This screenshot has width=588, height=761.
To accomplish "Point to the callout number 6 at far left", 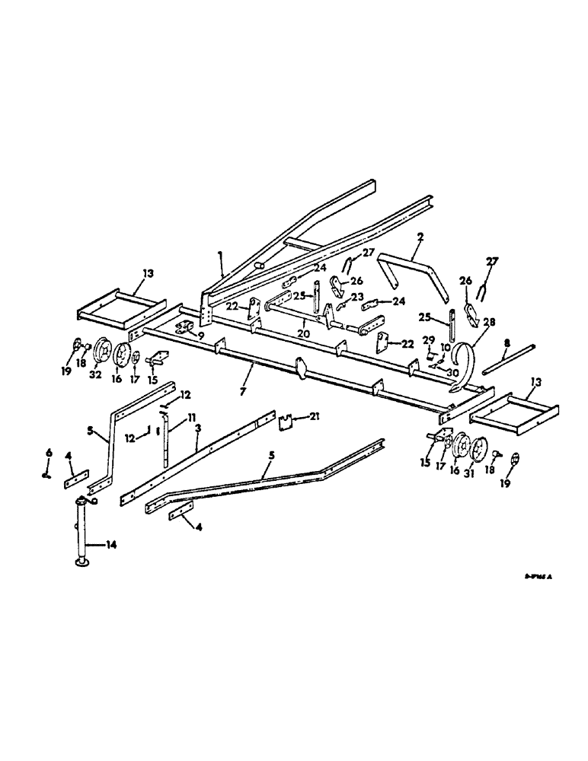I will pyautogui.click(x=49, y=454).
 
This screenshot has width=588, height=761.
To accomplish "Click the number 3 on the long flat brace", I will pyautogui.click(x=197, y=430).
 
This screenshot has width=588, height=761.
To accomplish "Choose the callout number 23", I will pyautogui.click(x=356, y=298).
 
